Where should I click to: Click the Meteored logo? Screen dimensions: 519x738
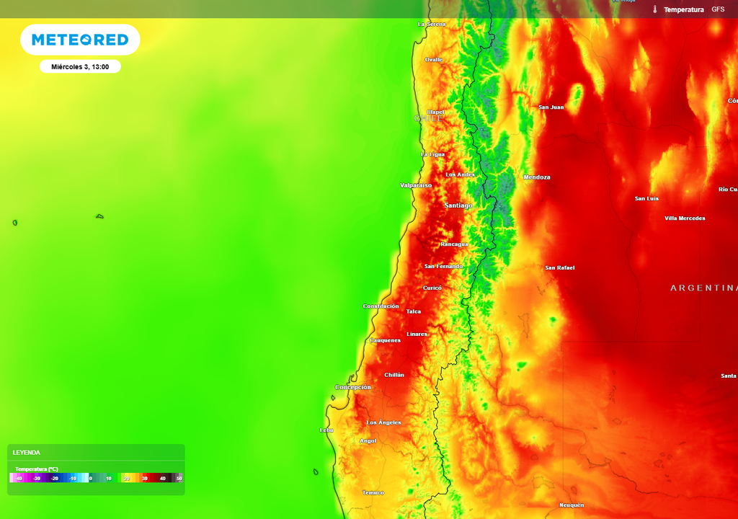click(80, 40)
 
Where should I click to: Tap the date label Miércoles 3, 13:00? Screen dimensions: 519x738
click(80, 67)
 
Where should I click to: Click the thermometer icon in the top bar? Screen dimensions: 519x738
click(655, 9)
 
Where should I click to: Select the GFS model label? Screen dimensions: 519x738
click(718, 9)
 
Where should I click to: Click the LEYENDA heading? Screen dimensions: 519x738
click(27, 453)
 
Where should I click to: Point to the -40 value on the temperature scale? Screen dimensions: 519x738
click(19, 478)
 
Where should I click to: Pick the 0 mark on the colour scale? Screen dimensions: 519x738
click(90, 478)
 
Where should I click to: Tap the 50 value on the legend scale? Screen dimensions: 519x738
click(179, 478)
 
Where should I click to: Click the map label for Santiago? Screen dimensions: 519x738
click(458, 205)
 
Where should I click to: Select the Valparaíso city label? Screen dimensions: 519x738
click(416, 185)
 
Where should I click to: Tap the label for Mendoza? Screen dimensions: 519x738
click(537, 177)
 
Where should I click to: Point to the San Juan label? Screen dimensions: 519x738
click(551, 107)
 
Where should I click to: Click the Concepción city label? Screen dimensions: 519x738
click(353, 387)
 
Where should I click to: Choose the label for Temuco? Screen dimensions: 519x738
click(373, 493)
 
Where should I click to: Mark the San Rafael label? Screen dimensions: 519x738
click(560, 268)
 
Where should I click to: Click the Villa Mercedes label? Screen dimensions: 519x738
click(685, 218)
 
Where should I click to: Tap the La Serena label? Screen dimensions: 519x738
click(432, 25)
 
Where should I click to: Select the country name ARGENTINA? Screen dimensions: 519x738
click(703, 288)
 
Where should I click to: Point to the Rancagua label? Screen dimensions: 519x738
click(454, 244)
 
